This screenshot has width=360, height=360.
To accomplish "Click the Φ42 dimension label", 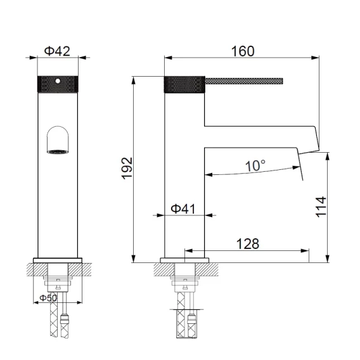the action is (x=57, y=51).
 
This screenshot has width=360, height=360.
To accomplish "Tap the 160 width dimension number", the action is (x=243, y=51).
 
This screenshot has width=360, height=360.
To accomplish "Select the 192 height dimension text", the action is (x=127, y=169).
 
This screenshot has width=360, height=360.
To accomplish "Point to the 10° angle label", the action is (x=255, y=165).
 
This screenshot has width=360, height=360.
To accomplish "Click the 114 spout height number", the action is (x=321, y=207).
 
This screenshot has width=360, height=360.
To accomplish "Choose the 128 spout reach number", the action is (x=248, y=243).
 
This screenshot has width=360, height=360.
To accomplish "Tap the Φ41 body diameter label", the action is (x=183, y=209).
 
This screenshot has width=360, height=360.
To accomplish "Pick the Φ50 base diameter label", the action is (x=48, y=298).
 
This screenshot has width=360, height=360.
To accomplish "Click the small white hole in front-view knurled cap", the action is (x=58, y=81).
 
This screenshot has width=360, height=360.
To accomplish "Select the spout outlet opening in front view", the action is (x=58, y=151).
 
